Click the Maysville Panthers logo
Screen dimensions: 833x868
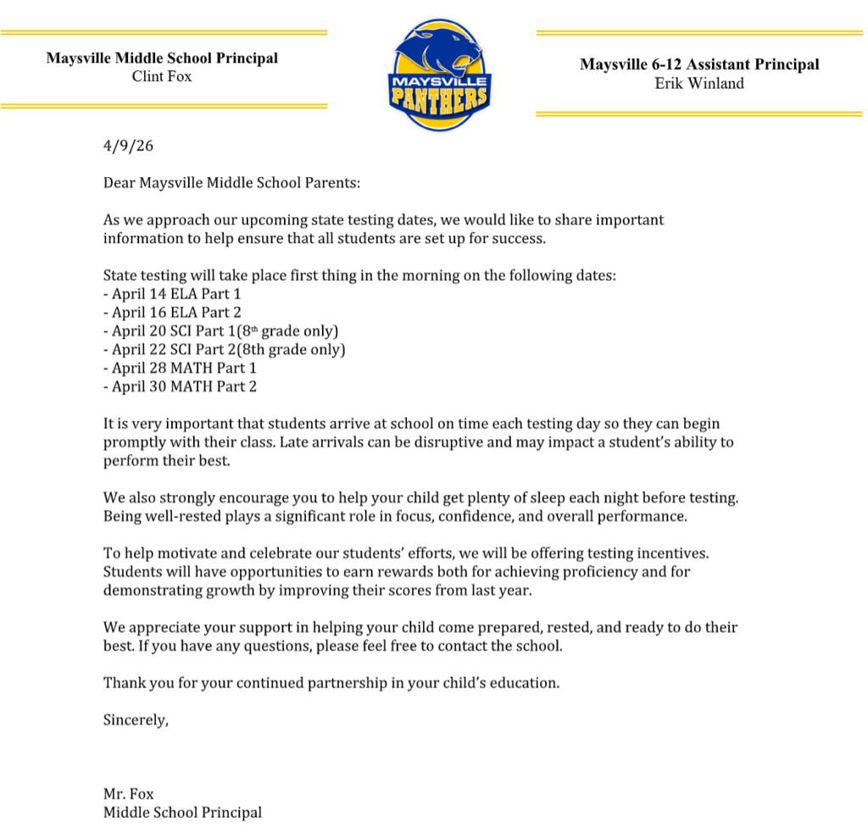coord(438,75)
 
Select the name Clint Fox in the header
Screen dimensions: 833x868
coord(162,76)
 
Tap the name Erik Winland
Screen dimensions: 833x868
coord(699,83)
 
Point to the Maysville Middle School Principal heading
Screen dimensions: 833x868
coord(162,58)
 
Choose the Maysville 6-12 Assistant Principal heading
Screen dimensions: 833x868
coord(699,64)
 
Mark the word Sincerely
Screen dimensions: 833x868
coord(136,719)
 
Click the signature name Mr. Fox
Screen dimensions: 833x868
coord(129,794)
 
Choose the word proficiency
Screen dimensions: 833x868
coord(592,572)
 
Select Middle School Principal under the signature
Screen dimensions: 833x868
coord(182,813)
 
